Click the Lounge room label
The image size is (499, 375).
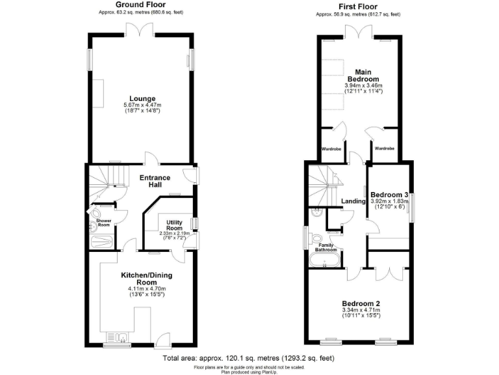[141, 99]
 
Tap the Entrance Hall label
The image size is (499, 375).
[155, 182]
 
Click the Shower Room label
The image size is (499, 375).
[104, 223]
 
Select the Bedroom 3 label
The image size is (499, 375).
[389, 194]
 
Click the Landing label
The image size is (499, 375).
[353, 201]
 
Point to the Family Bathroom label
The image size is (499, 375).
[327, 247]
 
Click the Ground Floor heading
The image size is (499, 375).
[141, 5]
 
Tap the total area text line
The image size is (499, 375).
[249, 359]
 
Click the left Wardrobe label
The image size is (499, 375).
[331, 149]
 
